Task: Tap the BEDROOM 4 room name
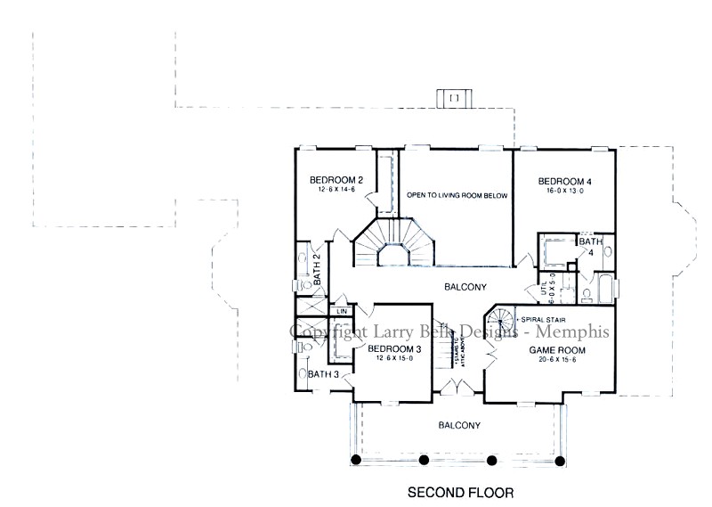pyautogui.click(x=564, y=182)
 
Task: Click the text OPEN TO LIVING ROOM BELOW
pyautogui.click(x=456, y=194)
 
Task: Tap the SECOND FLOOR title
pyautogui.click(x=460, y=491)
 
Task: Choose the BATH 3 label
pyautogui.click(x=323, y=374)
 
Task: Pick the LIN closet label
pyautogui.click(x=341, y=311)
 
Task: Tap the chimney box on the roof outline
pyautogui.click(x=454, y=96)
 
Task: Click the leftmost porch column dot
pyautogui.click(x=355, y=460)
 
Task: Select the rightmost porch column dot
pyautogui.click(x=561, y=460)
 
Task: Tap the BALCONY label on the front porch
pyautogui.click(x=458, y=425)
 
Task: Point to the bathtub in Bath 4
pyautogui.click(x=606, y=290)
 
